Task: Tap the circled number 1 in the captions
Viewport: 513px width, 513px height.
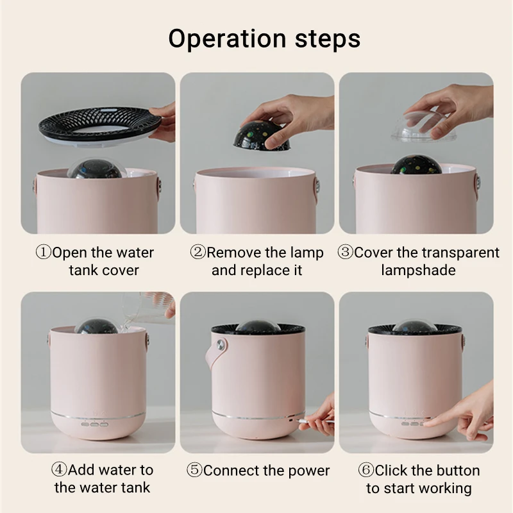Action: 43,252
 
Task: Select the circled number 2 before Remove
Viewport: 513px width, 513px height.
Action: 198,252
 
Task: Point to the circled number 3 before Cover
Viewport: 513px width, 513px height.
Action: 346,252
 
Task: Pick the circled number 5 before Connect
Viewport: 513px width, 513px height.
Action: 195,470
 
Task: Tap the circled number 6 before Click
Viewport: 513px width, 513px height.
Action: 367,470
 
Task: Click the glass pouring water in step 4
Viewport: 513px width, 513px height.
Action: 154,304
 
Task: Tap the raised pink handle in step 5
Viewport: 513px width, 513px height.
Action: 216,358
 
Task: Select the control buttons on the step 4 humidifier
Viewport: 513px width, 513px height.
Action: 93,424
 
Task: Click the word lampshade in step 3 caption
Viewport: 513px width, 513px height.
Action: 418,270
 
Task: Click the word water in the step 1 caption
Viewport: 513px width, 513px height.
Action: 133,252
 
